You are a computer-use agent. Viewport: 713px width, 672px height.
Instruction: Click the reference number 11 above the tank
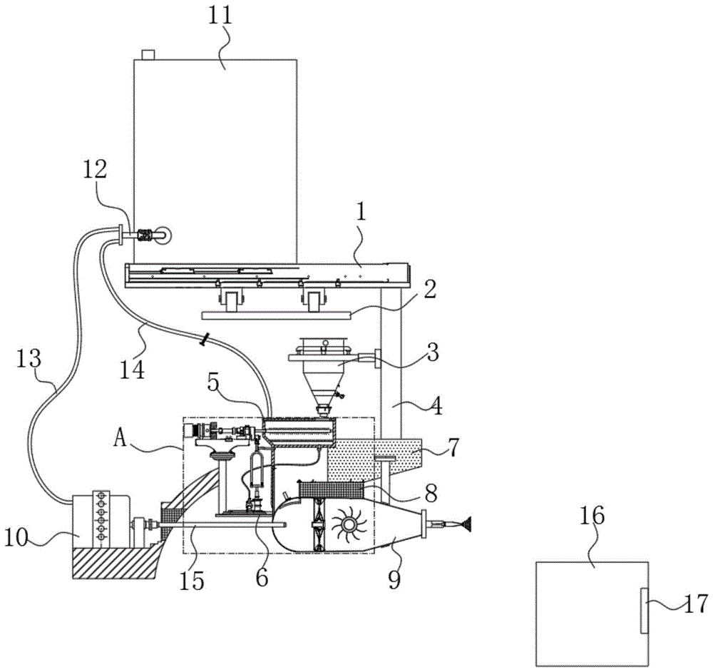point(220,16)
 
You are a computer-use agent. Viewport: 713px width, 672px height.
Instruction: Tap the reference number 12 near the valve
point(95,170)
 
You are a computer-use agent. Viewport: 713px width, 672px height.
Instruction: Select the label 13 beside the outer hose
point(29,359)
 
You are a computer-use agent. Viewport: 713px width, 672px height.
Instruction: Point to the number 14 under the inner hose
point(133,369)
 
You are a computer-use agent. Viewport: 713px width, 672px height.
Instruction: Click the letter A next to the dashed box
point(120,440)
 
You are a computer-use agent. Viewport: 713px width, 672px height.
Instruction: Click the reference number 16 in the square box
point(592,516)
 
